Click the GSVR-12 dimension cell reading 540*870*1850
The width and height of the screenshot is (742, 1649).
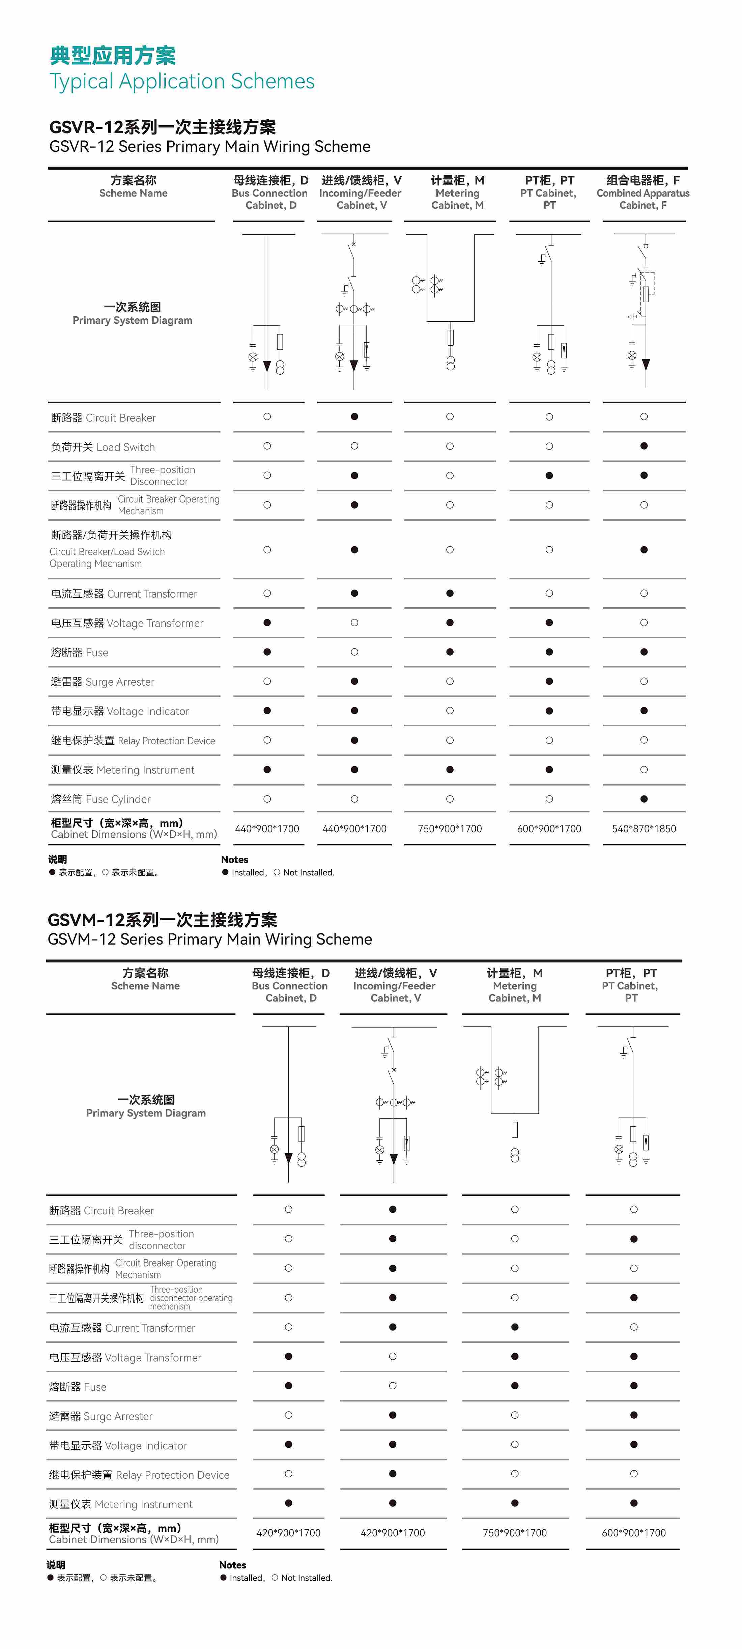pyautogui.click(x=644, y=828)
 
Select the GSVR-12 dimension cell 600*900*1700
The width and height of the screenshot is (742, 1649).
pyautogui.click(x=549, y=828)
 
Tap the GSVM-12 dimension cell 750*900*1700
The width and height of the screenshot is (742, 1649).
pyautogui.click(x=514, y=1533)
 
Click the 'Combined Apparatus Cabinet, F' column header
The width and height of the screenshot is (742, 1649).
pyautogui.click(x=643, y=193)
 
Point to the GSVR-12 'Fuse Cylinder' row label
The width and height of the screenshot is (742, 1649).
pyautogui.click(x=101, y=799)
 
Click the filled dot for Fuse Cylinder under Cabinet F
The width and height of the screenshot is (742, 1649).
pyautogui.click(x=644, y=799)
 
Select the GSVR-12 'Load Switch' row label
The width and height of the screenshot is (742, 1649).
pyautogui.click(x=103, y=447)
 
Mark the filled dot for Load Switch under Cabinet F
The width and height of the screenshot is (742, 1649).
pyautogui.click(x=644, y=446)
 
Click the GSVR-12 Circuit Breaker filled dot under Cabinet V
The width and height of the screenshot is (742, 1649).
pyautogui.click(x=354, y=417)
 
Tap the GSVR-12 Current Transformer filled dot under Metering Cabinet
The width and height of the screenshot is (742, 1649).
pyautogui.click(x=450, y=594)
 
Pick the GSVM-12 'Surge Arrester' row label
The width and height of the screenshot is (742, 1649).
pyautogui.click(x=101, y=1416)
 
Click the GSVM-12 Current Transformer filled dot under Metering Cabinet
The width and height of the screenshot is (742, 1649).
pyautogui.click(x=514, y=1327)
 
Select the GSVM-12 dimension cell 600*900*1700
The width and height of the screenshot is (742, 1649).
pyautogui.click(x=633, y=1533)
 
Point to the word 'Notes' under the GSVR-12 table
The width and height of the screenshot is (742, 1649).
pyautogui.click(x=234, y=860)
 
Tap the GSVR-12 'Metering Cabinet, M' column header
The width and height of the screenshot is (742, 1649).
pyautogui.click(x=457, y=193)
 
